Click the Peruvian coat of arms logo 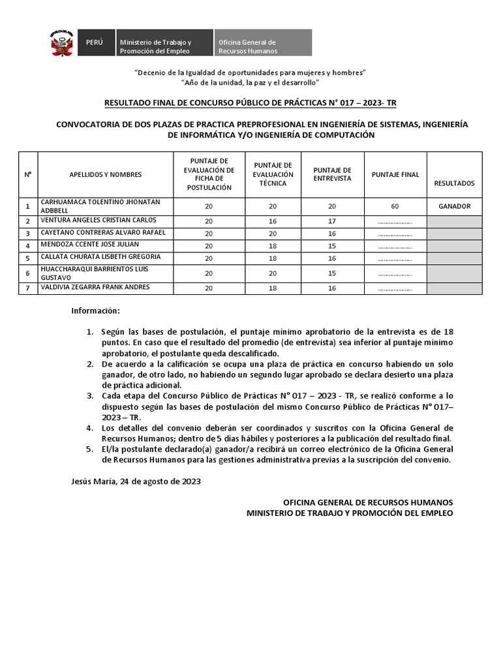61,43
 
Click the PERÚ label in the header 95,42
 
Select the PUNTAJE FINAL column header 395,175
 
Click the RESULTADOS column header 454,183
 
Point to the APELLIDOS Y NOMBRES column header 105,175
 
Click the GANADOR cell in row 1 454,205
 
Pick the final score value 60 395,205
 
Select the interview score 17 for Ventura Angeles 333,221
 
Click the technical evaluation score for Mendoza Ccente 273,246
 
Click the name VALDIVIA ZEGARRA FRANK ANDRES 95,288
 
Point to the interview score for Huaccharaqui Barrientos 333,273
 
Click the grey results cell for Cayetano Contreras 454,234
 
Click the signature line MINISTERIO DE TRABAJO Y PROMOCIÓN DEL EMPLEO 349,513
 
